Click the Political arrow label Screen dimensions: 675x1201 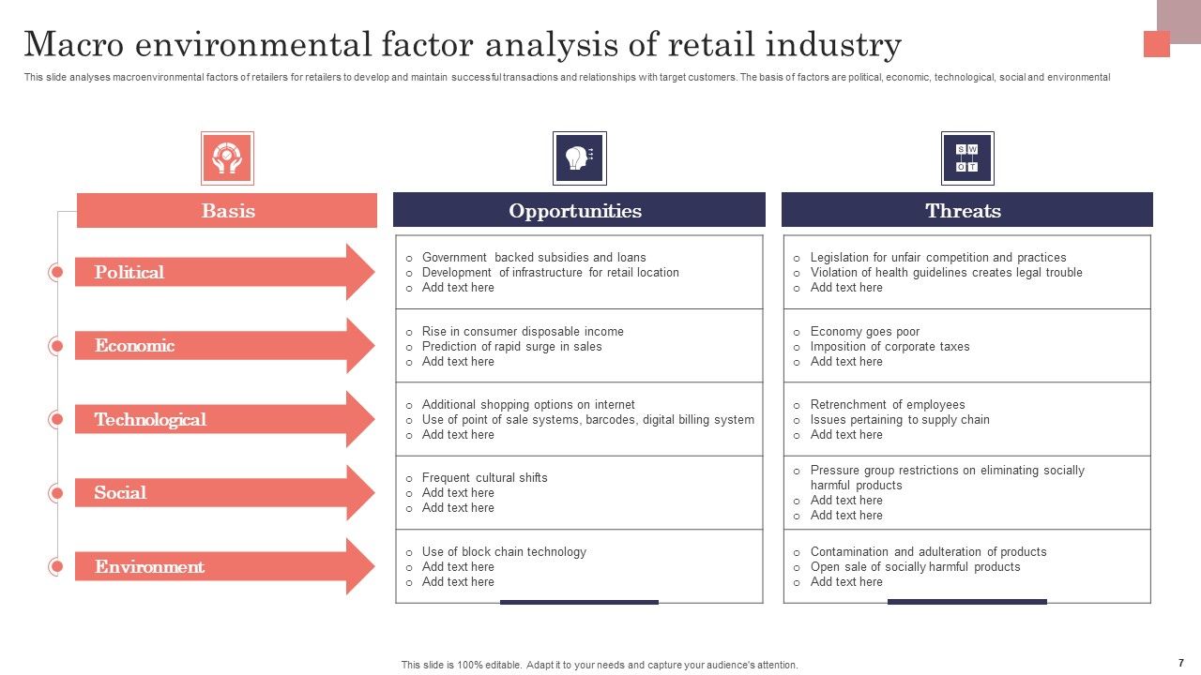(x=129, y=273)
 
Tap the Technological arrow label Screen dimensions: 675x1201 (x=150, y=420)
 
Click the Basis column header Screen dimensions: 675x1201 (x=227, y=211)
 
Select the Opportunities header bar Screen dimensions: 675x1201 (x=579, y=211)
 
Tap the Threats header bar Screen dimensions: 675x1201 (x=966, y=211)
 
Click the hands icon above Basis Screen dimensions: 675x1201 (x=227, y=157)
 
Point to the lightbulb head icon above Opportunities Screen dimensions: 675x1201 (x=579, y=157)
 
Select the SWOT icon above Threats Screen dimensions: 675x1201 (x=967, y=157)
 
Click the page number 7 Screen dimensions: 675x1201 (x=1181, y=663)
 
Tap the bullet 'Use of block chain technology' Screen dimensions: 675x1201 (x=504, y=552)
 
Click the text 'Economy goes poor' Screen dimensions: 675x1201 (x=864, y=332)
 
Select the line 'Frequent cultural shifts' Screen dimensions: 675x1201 (x=484, y=478)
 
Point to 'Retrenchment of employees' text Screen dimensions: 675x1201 (x=887, y=405)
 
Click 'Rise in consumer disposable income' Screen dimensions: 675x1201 (x=523, y=332)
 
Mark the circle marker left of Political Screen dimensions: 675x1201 (x=56, y=273)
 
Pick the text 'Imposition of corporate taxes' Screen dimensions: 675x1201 (x=889, y=347)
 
